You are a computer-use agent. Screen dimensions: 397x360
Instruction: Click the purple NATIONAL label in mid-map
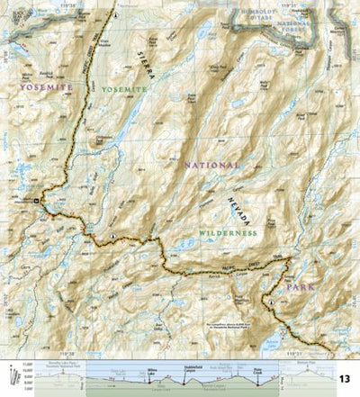tap(211, 166)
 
